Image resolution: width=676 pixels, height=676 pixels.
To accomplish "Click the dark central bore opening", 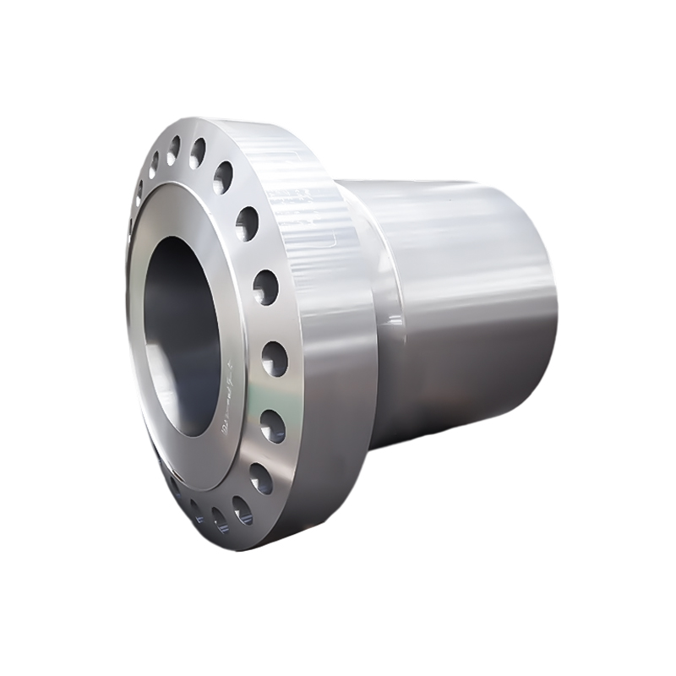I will (x=182, y=338).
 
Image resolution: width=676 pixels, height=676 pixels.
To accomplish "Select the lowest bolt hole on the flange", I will (x=242, y=510).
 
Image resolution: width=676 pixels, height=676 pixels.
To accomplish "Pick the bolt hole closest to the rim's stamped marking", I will (x=247, y=223).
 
